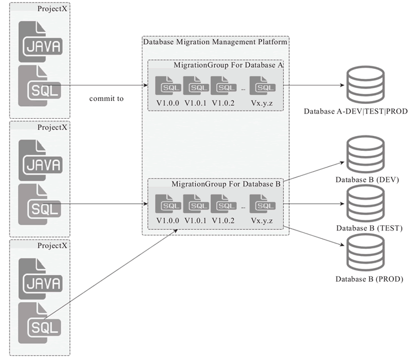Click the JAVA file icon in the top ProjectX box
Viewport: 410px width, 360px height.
40,42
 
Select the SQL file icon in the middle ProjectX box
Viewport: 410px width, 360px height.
40,204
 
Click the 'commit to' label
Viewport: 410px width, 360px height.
106,99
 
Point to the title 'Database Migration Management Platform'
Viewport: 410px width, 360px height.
215,42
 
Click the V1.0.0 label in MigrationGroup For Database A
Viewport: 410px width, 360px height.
168,103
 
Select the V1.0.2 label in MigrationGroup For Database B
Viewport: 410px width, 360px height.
224,221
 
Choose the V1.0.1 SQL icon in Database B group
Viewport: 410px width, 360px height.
195,204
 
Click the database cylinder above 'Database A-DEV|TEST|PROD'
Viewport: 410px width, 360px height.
364,86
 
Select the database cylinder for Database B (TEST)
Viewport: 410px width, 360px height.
364,203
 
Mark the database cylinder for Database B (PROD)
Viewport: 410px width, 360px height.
364,252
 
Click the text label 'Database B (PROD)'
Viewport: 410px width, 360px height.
363,279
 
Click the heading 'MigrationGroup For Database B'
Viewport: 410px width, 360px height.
225,184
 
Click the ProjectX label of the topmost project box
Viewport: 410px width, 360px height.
52,10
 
